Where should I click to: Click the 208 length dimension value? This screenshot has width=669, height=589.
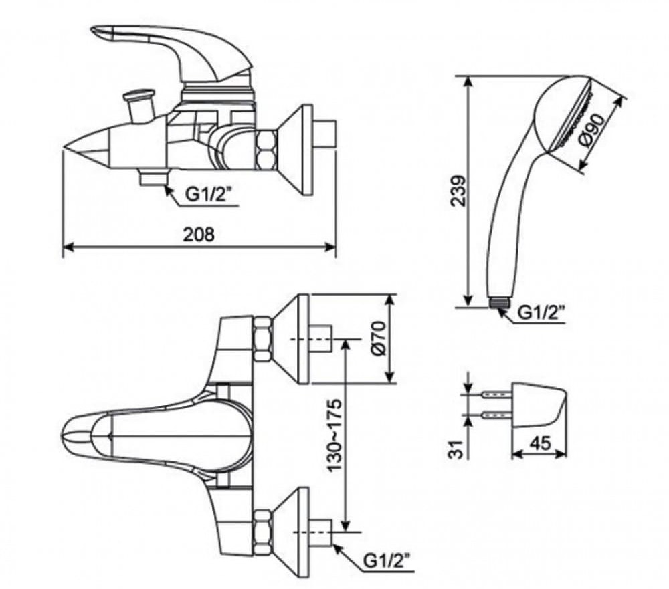pos(199,235)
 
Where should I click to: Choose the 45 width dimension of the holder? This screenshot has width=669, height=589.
pos(539,443)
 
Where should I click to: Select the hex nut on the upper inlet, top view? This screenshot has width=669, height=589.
pos(263,339)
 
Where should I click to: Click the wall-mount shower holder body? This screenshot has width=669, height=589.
pos(539,405)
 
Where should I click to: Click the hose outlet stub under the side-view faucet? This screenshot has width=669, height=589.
pos(153,177)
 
